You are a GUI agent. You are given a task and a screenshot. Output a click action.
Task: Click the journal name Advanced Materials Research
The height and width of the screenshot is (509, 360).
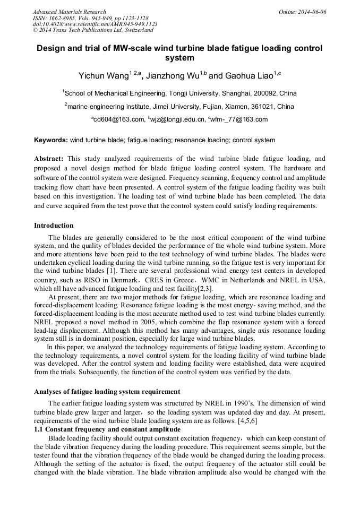69,12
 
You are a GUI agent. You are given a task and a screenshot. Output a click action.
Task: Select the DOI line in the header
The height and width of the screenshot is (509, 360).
95,24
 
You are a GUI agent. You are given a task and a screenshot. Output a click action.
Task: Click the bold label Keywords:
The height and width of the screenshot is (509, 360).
51,141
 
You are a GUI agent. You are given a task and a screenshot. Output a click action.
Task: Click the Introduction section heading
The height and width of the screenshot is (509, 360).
54,226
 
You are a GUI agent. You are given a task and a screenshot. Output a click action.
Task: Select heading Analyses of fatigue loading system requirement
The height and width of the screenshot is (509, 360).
107,392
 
